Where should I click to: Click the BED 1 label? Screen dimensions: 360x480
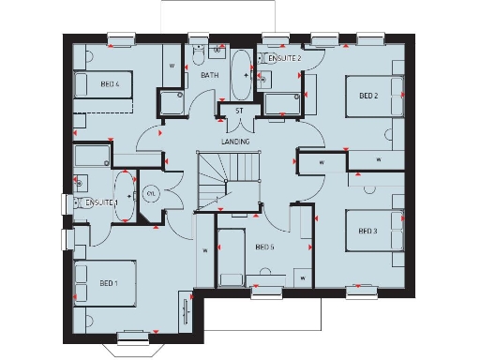pos(109,283)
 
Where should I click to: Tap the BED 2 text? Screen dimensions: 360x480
pos(368,96)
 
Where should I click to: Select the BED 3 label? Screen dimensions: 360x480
pos(368,231)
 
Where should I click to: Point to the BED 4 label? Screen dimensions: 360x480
pos(110,84)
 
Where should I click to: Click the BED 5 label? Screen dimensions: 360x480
pos(264,247)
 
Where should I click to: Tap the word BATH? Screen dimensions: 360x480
pos(210,74)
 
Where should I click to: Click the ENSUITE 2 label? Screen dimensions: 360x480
pos(285,58)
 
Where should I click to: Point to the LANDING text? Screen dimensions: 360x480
pos(235,141)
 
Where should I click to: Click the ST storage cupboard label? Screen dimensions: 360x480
pos(239,111)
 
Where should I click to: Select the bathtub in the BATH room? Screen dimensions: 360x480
pos(240,74)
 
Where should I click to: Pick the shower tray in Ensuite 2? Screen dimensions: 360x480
pos(281,104)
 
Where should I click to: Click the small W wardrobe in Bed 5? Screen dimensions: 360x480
pos(302,277)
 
